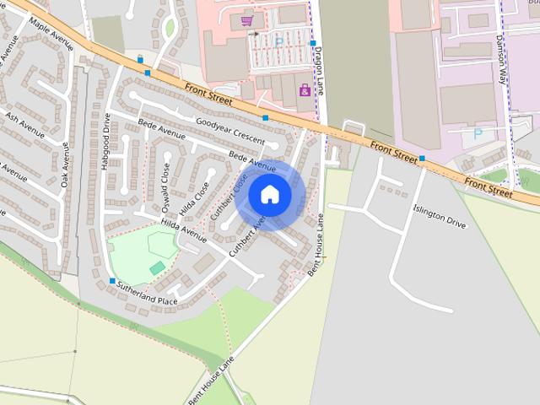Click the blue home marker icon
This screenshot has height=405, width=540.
(270, 195)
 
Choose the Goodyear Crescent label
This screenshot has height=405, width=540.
(229, 131)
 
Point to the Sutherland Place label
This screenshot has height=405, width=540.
(147, 294)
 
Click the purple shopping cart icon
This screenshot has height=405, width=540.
(246, 20)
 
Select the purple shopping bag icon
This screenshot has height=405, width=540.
(305, 89)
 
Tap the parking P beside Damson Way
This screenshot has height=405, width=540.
(478, 133)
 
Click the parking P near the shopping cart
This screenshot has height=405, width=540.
(278, 41)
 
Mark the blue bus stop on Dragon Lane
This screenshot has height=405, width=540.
(312, 43)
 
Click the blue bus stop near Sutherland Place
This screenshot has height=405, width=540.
(112, 281)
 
